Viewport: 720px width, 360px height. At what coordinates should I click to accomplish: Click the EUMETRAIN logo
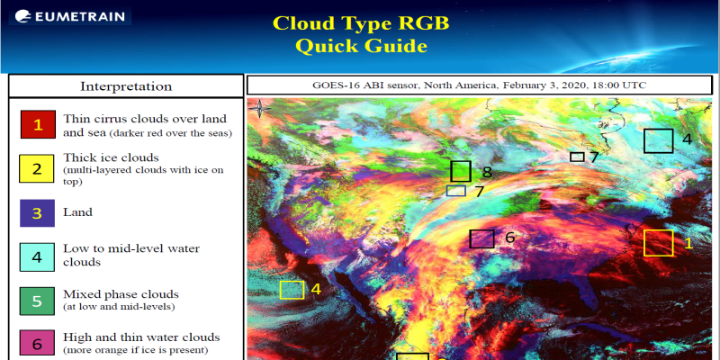[70, 16]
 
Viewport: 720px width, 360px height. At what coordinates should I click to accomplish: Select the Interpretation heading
[126, 86]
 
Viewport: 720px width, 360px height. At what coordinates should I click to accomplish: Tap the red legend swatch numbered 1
[38, 124]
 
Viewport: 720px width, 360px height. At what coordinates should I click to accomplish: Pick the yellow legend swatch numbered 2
[36, 168]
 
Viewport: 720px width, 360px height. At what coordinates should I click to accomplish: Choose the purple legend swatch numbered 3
[37, 213]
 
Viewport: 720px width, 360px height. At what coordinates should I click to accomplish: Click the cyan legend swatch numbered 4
[37, 257]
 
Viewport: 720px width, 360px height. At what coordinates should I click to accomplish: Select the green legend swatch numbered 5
[37, 301]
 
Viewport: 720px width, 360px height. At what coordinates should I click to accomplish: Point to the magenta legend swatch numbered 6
[37, 344]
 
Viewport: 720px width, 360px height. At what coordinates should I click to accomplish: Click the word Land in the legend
[77, 212]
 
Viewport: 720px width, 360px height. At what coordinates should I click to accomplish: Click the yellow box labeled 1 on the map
[658, 243]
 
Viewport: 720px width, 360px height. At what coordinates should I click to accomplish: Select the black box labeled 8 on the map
[461, 171]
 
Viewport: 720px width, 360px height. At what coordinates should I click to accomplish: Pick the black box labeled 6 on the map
[481, 238]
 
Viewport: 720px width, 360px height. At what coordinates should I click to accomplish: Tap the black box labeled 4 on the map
[658, 140]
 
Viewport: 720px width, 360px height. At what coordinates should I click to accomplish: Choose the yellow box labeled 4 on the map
[292, 290]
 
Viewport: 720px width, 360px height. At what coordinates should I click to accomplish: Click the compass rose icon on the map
[259, 109]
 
